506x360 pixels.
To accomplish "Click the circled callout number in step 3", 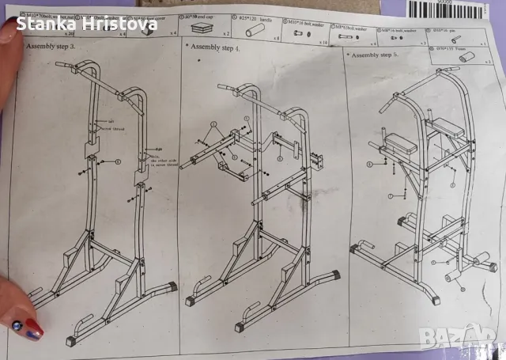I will (118, 161).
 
